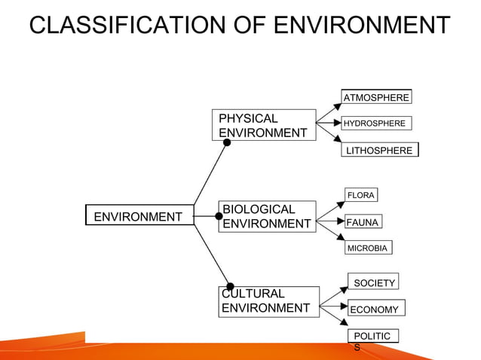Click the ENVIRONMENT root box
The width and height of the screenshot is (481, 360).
[x=139, y=217]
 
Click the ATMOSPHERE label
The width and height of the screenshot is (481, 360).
[x=376, y=97]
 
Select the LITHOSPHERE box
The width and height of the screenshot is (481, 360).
[x=379, y=151]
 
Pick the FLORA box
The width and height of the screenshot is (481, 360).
[x=360, y=195]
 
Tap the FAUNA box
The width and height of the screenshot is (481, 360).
[x=363, y=222]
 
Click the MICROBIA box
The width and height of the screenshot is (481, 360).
[x=367, y=248]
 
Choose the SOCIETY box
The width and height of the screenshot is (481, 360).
[x=373, y=282]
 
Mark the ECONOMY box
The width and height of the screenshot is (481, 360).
[x=375, y=309]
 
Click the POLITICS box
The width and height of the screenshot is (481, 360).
[x=372, y=338]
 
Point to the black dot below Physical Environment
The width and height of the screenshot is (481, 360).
[x=227, y=142]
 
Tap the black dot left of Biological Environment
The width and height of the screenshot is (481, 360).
[x=219, y=216]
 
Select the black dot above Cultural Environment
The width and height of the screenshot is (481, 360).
[x=230, y=287]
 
